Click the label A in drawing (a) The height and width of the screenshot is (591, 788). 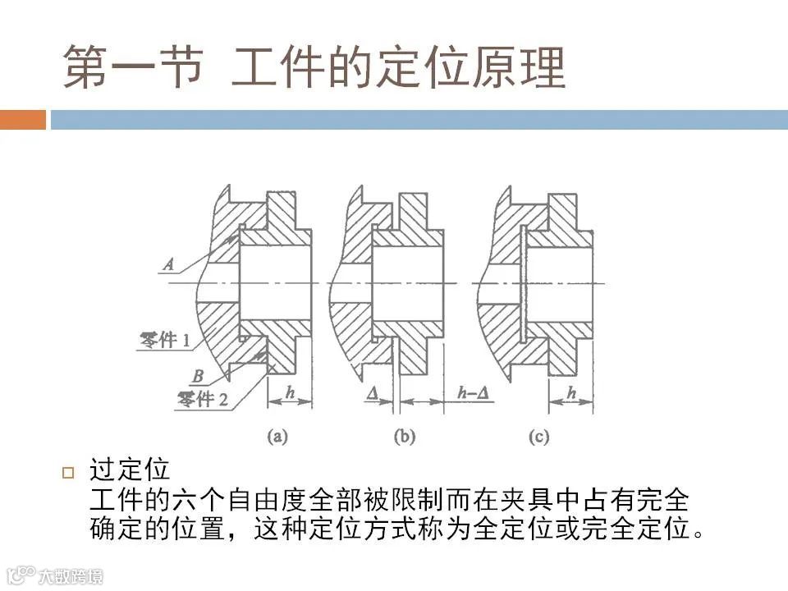(168, 264)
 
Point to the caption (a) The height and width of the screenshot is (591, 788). (277, 437)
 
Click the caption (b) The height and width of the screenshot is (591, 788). (405, 437)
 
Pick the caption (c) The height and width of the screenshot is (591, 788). (538, 437)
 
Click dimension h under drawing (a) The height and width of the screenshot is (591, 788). (291, 392)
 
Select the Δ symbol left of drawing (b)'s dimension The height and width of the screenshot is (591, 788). (373, 393)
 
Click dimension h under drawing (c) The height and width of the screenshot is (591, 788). (572, 392)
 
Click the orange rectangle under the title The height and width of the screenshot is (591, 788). (22, 120)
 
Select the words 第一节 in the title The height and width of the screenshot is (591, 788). (132, 66)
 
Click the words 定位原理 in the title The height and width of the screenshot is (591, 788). (468, 66)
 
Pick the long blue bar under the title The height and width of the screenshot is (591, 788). (419, 120)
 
